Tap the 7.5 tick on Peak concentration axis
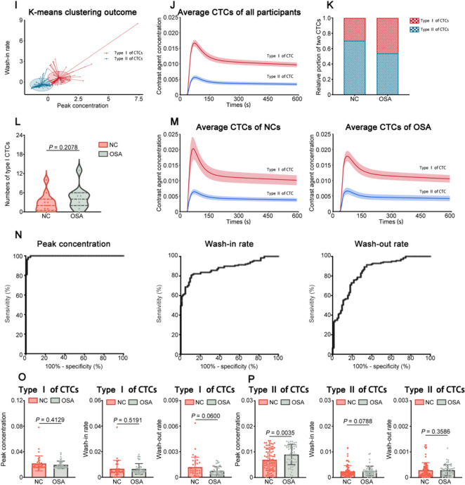tap(138, 99)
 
